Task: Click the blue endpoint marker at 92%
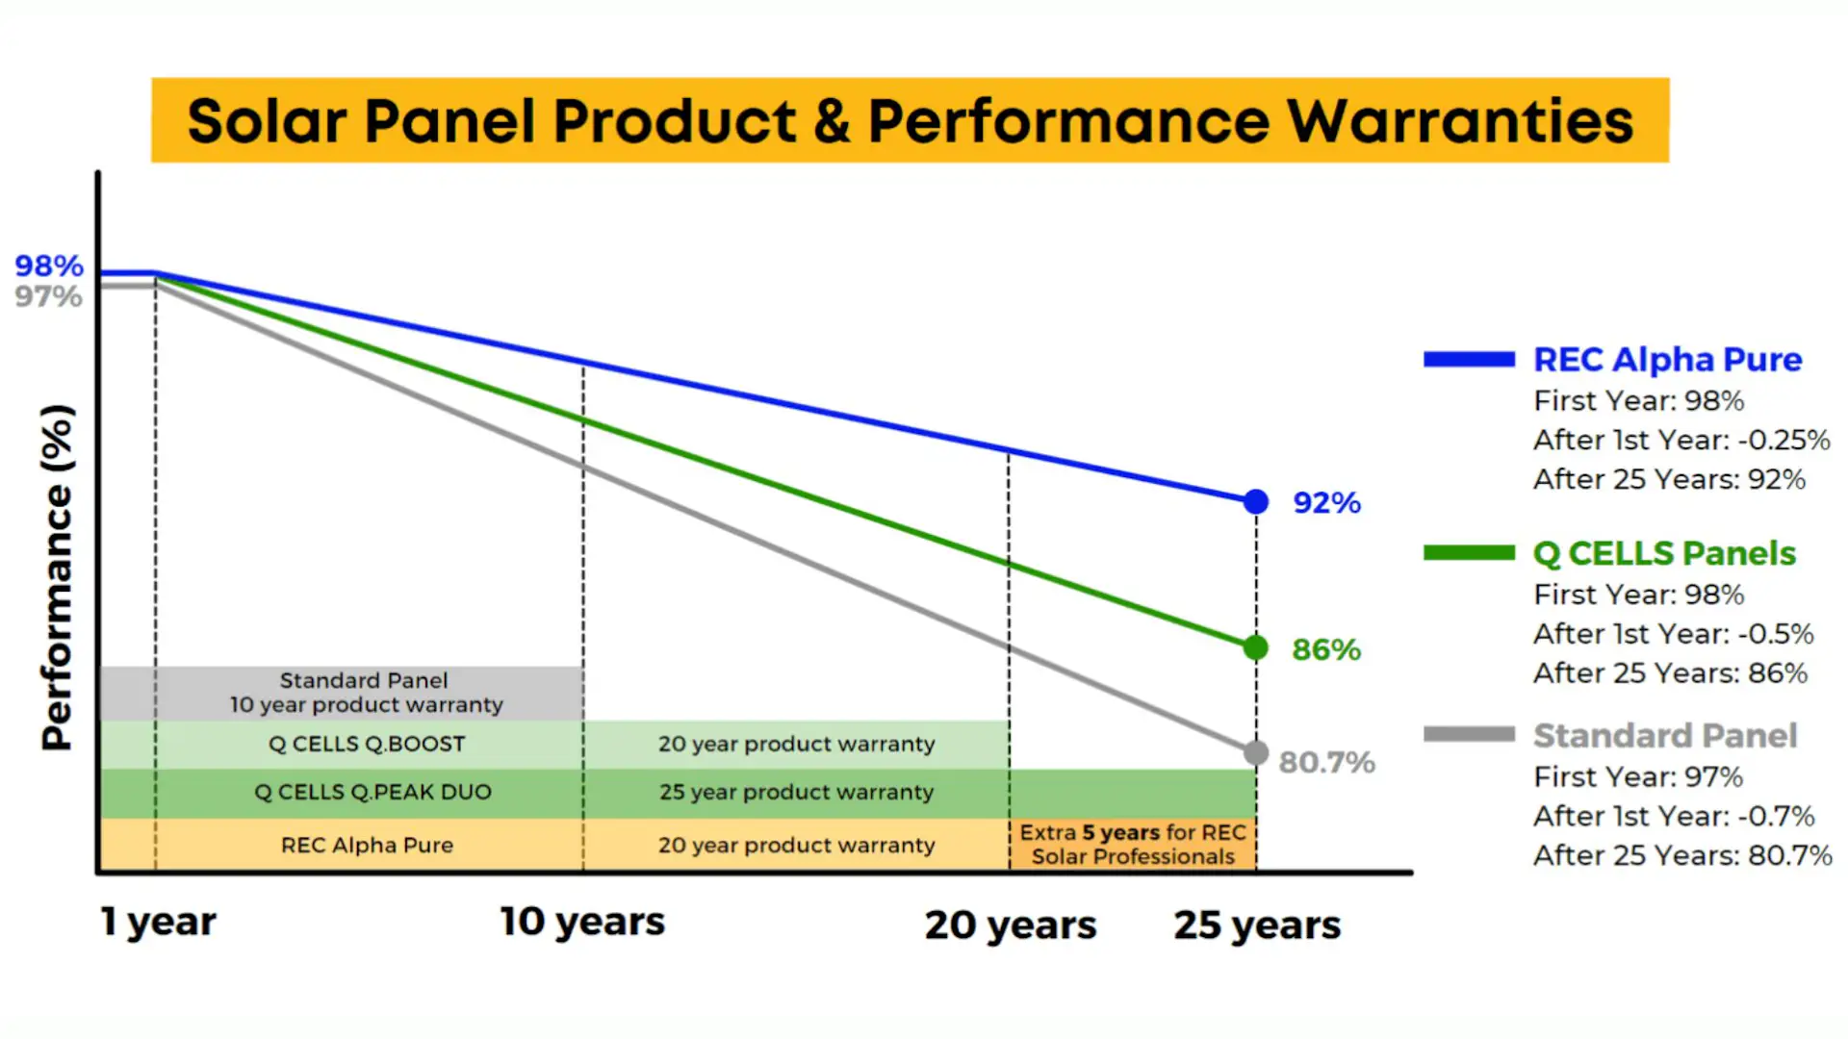[x=1256, y=501]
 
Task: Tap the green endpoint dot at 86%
[x=1256, y=647]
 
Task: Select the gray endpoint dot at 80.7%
[x=1256, y=752]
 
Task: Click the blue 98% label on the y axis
[x=49, y=266]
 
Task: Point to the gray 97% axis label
[x=49, y=296]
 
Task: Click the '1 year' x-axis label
[x=159, y=922]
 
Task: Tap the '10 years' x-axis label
[x=582, y=922]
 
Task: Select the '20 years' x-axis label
[x=1011, y=925]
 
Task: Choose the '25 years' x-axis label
[x=1257, y=925]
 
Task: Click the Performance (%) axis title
[x=57, y=577]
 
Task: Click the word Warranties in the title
[x=1460, y=121]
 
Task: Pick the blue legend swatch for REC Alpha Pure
[x=1469, y=360]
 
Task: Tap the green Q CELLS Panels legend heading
[x=1664, y=553]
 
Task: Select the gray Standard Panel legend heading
[x=1665, y=736]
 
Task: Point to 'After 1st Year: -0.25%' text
[x=1681, y=440]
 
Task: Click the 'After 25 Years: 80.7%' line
[x=1682, y=855]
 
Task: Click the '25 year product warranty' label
[x=796, y=792]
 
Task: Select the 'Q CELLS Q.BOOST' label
[x=367, y=744]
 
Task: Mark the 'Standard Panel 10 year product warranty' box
[x=366, y=693]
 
